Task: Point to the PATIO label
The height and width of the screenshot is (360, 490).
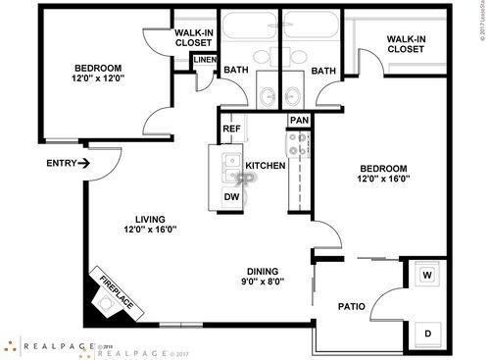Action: [x=352, y=307]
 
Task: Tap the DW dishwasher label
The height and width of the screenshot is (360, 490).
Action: [x=232, y=196]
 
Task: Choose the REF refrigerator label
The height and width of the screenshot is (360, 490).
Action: [x=231, y=129]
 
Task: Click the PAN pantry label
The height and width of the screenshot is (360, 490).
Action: [x=299, y=121]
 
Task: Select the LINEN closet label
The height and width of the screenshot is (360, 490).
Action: [x=204, y=61]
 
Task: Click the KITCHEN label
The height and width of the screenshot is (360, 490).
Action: [x=266, y=166]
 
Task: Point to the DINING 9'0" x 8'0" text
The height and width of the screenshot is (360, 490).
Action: [x=263, y=276]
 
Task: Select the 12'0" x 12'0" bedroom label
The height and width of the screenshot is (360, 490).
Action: [x=97, y=75]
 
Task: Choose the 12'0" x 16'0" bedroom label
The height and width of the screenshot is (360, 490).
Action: [x=382, y=173]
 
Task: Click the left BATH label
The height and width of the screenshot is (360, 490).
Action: [x=235, y=70]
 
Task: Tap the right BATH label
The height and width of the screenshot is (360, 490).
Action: [x=324, y=70]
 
